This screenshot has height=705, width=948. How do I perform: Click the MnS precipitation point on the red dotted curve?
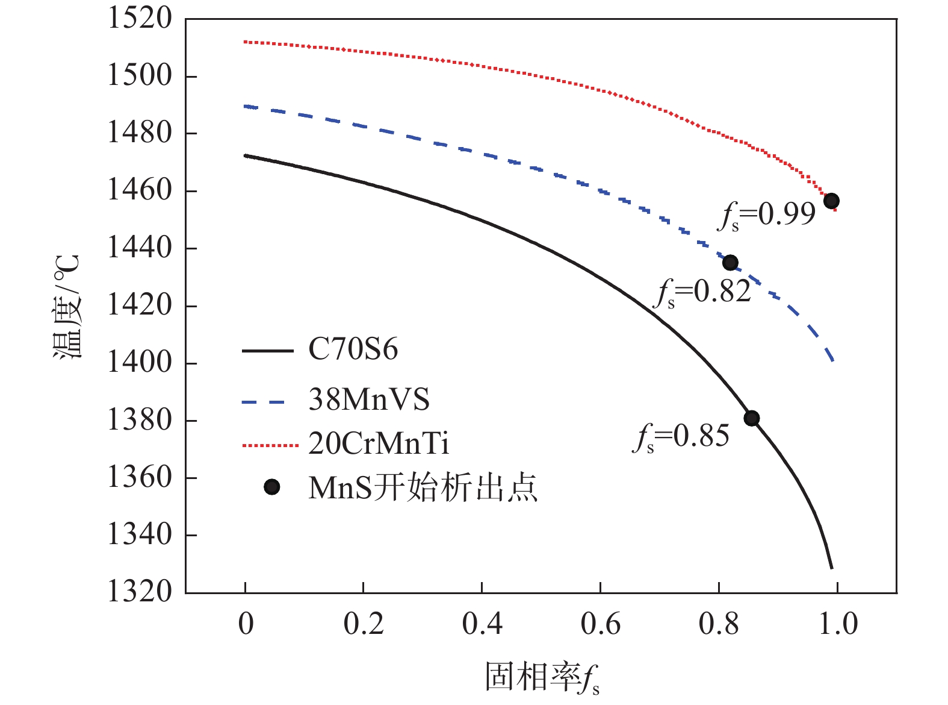(831, 201)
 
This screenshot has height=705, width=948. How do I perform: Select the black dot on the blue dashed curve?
(730, 263)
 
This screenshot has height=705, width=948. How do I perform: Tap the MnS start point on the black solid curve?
(751, 418)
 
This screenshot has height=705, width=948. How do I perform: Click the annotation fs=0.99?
(767, 215)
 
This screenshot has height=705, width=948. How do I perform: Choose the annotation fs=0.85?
(681, 437)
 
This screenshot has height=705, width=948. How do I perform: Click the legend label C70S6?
(353, 350)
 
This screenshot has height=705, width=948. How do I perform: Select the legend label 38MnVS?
(368, 399)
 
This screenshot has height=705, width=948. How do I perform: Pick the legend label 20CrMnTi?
(379, 444)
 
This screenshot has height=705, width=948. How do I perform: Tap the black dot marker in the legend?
(272, 487)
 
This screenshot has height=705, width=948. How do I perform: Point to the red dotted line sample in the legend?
(270, 446)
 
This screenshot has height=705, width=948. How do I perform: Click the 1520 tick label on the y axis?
(139, 18)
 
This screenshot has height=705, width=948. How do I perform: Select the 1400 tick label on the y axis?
(139, 363)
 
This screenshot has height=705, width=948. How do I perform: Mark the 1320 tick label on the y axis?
(139, 592)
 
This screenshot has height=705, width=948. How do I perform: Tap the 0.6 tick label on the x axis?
(600, 624)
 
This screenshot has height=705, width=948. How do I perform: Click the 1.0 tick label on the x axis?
(838, 624)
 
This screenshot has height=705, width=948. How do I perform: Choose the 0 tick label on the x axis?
(246, 624)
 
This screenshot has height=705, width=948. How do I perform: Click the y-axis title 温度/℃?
(67, 307)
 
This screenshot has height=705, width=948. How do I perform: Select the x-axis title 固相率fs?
(542, 678)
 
